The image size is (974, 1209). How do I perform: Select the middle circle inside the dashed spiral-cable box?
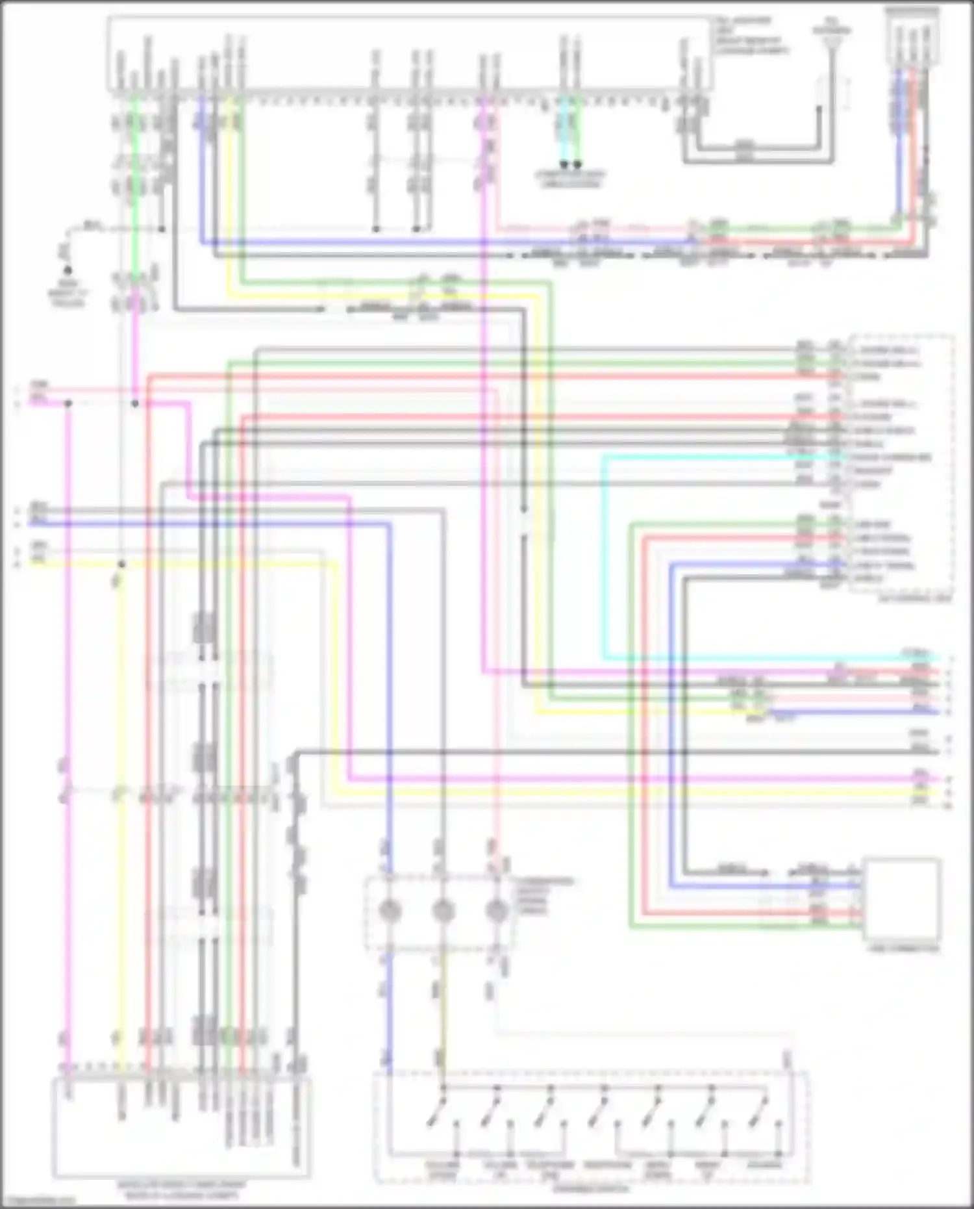tap(443, 911)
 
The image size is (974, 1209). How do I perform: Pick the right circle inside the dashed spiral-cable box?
tap(497, 911)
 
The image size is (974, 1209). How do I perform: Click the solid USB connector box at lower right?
tap(901, 899)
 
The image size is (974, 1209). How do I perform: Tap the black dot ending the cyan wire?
tap(564, 164)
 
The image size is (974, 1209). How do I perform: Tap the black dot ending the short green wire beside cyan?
tap(577, 164)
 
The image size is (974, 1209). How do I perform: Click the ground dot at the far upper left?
tap(67, 268)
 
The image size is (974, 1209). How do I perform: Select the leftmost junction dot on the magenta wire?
tap(68, 403)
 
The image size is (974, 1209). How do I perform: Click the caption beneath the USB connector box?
tap(905, 948)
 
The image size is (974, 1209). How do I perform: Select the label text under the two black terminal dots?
tap(570, 180)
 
